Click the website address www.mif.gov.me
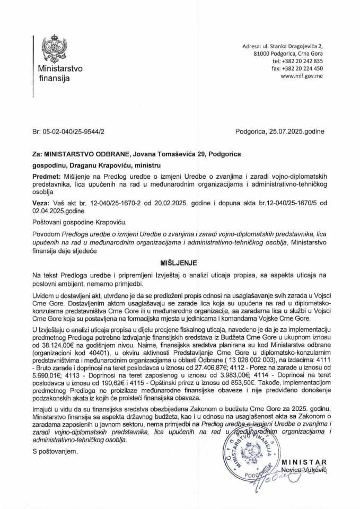[x=300, y=76]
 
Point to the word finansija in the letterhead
[x=54, y=79]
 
